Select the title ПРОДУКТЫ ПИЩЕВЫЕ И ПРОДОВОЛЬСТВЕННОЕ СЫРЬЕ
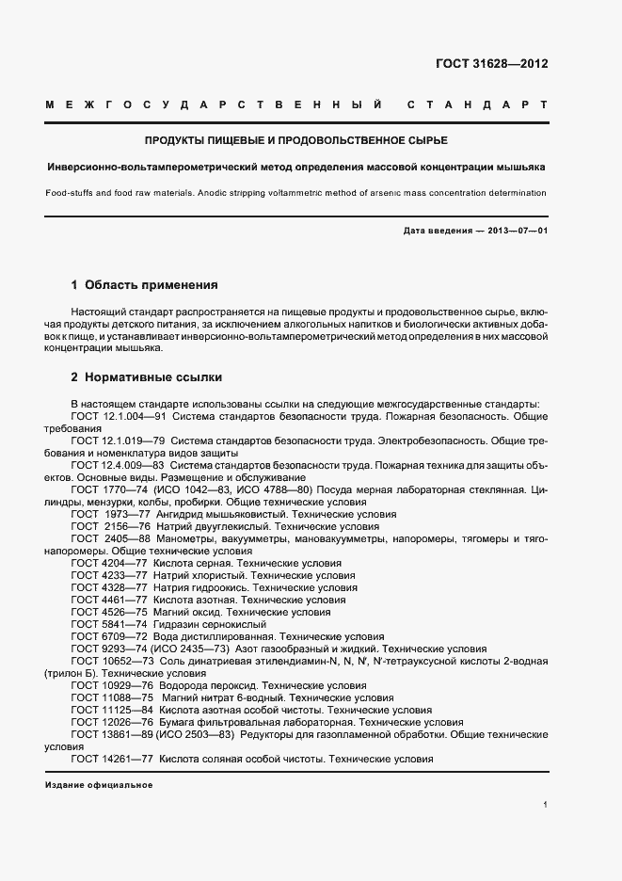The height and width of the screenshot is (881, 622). click(x=295, y=140)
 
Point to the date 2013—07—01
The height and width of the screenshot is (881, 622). click(x=516, y=231)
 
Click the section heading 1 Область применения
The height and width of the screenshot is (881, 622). click(x=144, y=283)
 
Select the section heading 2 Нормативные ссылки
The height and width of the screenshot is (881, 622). click(x=147, y=377)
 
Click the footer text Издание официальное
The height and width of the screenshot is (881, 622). click(x=98, y=784)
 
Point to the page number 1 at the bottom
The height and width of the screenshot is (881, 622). click(x=545, y=804)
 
